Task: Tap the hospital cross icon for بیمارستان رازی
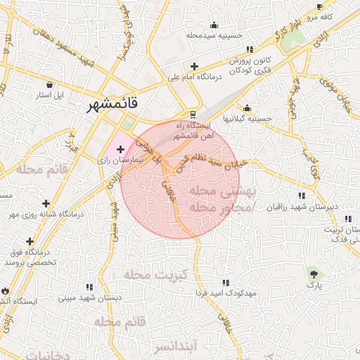click(x=120, y=148)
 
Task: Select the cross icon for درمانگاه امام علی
click(x=193, y=67)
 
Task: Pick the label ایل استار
click(x=50, y=94)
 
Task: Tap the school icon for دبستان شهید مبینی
click(x=89, y=286)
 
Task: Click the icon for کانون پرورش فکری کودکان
click(x=249, y=50)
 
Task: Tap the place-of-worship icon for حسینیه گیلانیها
click(x=247, y=108)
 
